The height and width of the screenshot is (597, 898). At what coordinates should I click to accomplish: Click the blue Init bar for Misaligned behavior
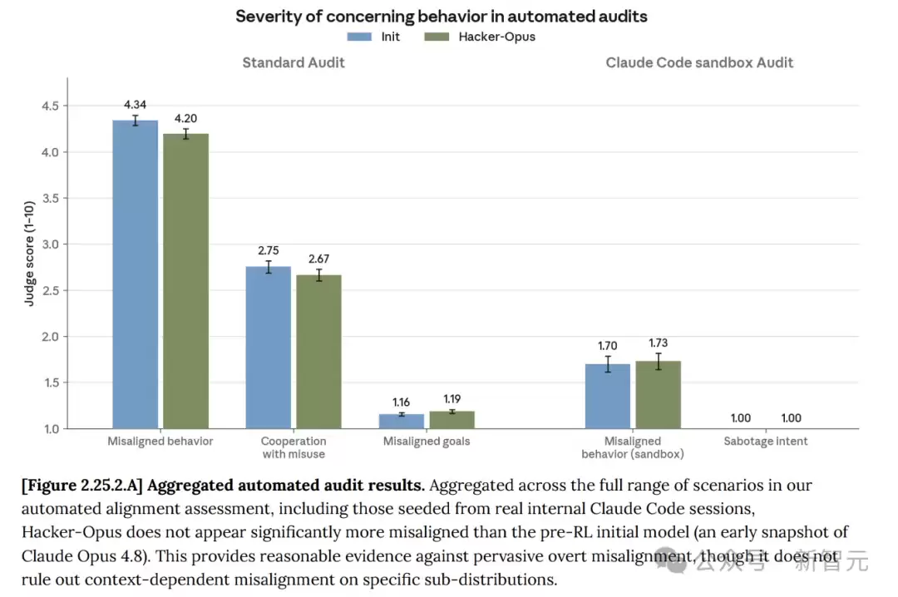click(136, 274)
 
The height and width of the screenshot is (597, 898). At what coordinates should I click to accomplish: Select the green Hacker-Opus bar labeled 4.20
click(185, 281)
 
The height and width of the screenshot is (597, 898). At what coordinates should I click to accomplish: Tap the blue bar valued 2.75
click(268, 348)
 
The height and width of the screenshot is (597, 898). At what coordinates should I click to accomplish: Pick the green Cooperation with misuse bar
click(319, 351)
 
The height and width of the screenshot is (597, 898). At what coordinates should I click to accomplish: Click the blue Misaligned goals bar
click(402, 421)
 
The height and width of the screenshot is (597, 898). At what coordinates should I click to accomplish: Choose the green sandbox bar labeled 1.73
click(658, 395)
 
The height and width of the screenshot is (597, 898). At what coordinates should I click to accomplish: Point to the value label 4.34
click(136, 105)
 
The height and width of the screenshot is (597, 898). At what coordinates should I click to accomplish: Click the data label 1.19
click(451, 399)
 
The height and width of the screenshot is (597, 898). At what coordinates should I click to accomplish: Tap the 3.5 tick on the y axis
click(51, 198)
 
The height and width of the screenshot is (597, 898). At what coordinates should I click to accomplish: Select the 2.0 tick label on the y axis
click(51, 336)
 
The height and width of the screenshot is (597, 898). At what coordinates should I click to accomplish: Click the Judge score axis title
click(29, 254)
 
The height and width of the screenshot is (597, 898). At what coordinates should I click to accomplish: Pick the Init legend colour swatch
click(359, 37)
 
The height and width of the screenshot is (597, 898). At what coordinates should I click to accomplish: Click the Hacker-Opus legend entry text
click(496, 37)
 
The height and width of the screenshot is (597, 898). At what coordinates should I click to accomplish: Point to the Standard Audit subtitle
click(294, 62)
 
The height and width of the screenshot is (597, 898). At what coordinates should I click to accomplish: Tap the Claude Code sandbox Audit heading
click(699, 62)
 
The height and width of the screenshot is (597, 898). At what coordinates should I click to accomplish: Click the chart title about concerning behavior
click(441, 16)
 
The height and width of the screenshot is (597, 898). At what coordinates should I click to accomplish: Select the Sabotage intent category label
click(766, 442)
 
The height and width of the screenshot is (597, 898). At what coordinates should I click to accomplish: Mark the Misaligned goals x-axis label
click(427, 442)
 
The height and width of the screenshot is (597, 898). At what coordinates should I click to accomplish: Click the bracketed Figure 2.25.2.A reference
click(81, 486)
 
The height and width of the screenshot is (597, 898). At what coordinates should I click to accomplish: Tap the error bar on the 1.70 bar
click(608, 364)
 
